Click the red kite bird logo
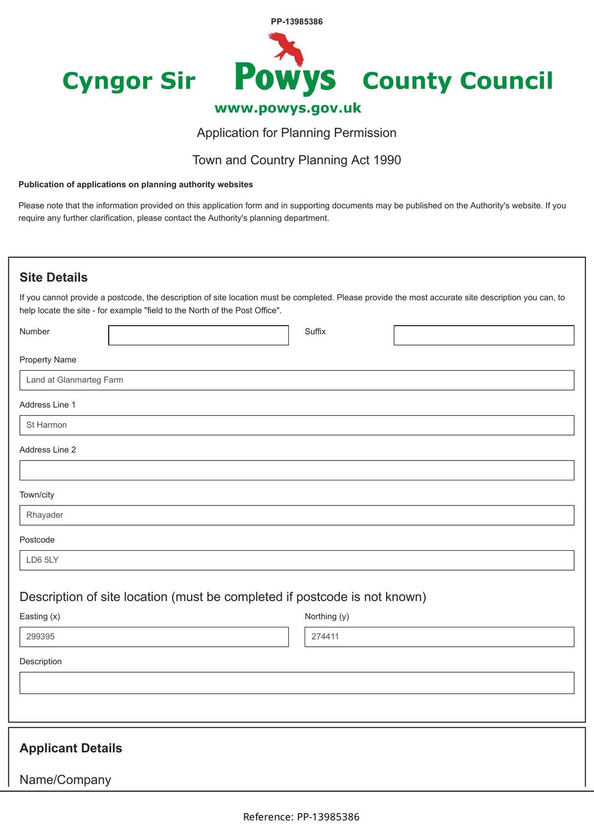287,48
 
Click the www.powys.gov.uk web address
288,108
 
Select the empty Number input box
199,335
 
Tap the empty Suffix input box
484,335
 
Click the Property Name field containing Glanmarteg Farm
297,380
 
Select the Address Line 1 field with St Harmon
297,425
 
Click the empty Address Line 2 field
297,470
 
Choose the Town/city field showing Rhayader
297,515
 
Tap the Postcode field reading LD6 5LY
297,560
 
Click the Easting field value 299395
154,637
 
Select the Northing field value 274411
439,637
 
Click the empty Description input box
297,683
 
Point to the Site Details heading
54,277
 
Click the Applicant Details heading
71,748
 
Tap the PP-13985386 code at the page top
297,22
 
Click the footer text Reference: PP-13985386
301,817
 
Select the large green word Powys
285,78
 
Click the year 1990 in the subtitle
387,160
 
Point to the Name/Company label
65,780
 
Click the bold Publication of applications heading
136,184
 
